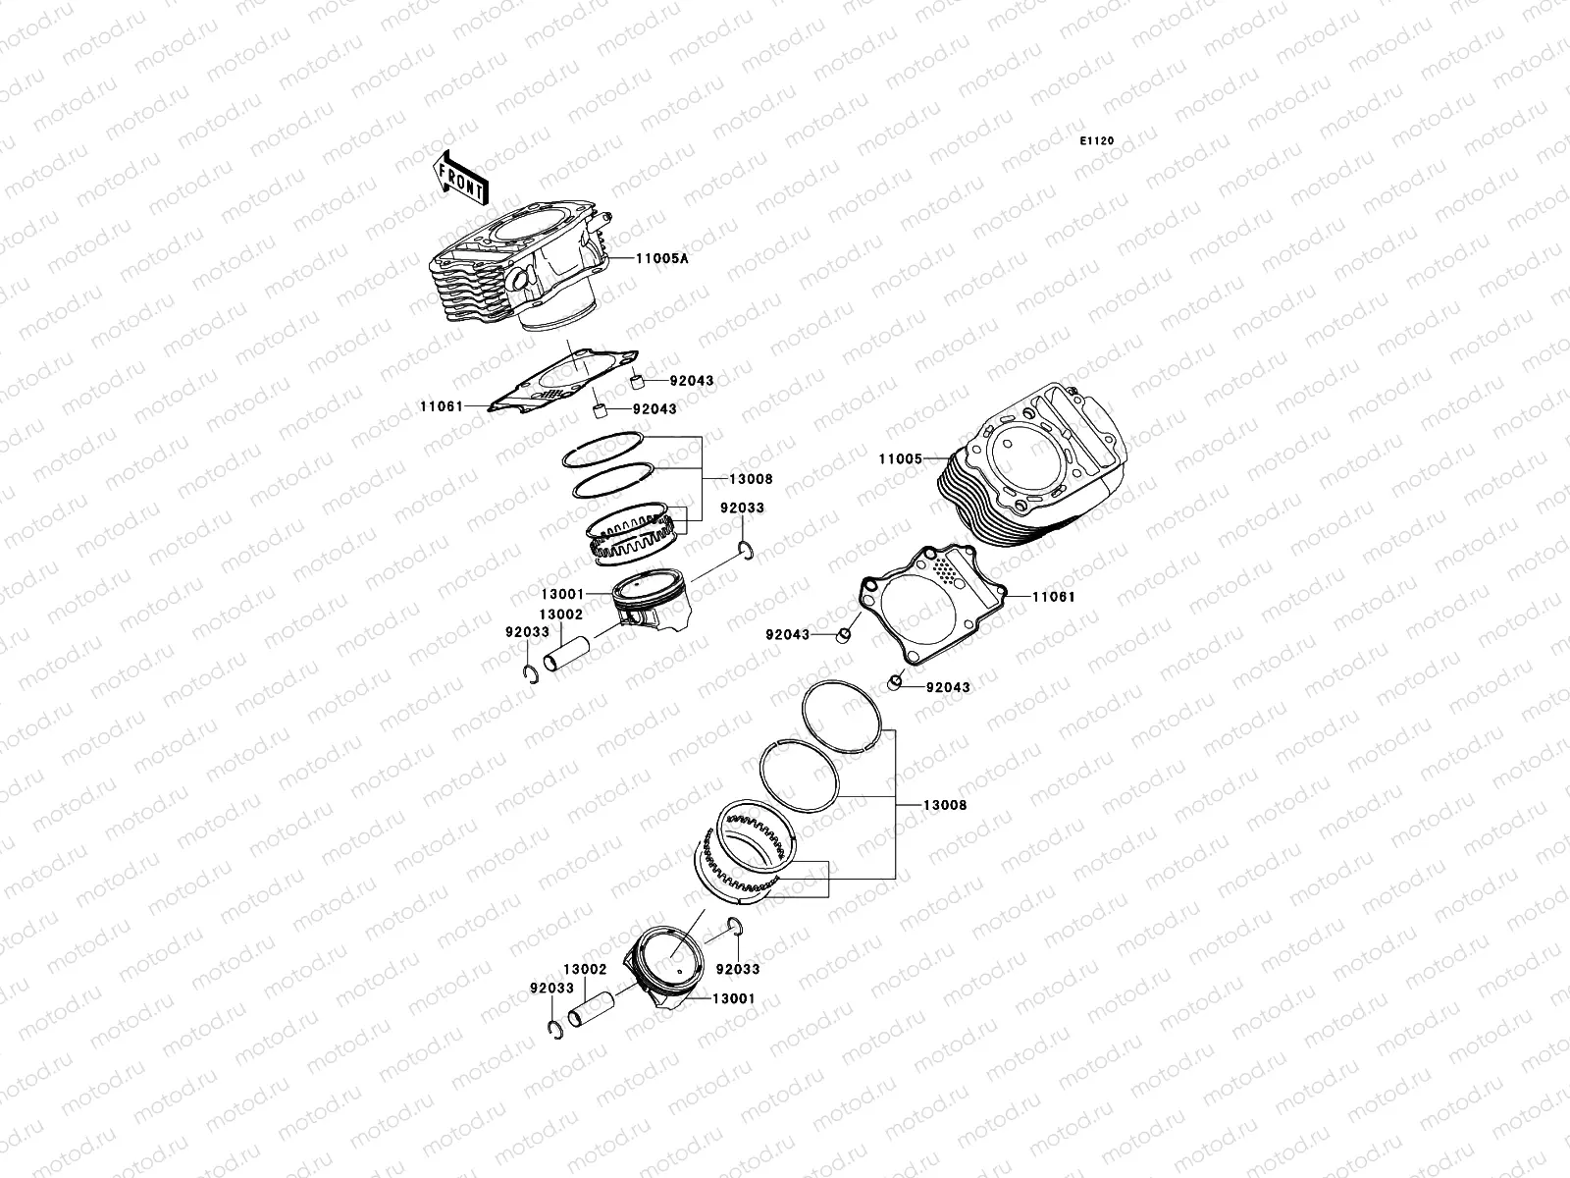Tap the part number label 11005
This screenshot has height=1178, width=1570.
(x=900, y=458)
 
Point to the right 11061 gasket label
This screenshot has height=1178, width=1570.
(x=1026, y=596)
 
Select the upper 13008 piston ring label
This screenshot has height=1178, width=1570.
(x=751, y=479)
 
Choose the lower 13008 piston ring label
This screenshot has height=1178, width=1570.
(x=944, y=805)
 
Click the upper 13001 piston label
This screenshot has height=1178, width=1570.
(x=562, y=594)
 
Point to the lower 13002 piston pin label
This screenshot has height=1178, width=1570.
(x=585, y=969)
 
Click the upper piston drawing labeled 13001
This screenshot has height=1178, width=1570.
(x=650, y=609)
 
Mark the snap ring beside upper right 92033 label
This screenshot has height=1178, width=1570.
(x=748, y=552)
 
